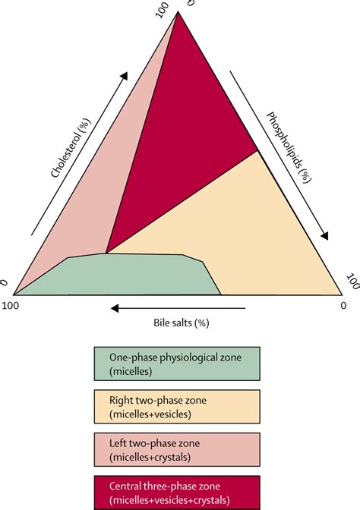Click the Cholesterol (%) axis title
(71, 148)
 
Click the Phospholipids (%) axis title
(289, 147)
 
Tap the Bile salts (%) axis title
(182, 323)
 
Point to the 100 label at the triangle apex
(163, 10)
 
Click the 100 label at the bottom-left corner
(11, 306)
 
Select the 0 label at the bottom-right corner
(343, 306)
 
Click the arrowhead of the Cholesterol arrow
(124, 77)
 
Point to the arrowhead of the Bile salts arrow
(115, 308)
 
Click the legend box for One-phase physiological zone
(177, 364)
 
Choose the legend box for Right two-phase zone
(177, 407)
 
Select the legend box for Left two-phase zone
(177, 449)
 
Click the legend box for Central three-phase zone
(177, 492)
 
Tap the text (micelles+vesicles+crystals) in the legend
(169, 499)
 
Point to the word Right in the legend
(120, 401)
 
